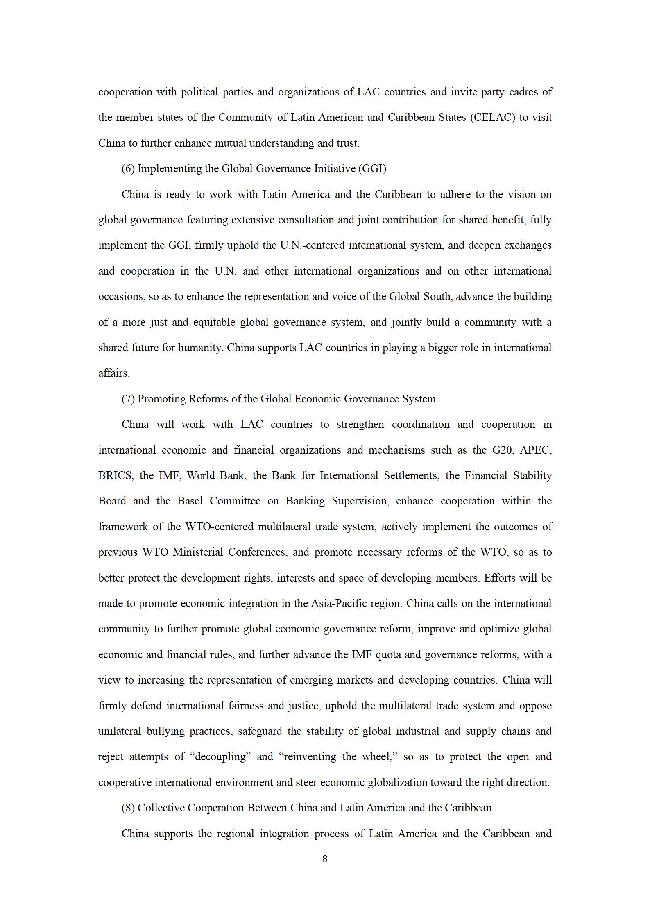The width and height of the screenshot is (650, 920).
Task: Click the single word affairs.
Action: tap(114, 373)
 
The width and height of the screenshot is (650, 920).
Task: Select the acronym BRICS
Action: tap(116, 476)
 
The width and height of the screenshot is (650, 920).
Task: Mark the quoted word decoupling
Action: tap(221, 757)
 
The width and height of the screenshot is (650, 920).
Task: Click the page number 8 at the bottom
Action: tap(325, 859)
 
